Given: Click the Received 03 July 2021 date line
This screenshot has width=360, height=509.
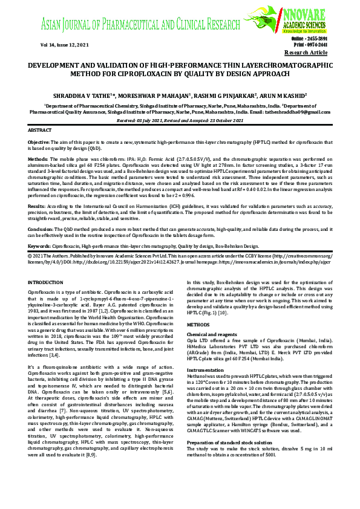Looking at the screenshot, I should (180, 121).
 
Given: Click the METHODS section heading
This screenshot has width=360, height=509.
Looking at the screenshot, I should (199, 324).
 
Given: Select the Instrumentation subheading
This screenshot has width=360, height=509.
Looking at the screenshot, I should (205, 369).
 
